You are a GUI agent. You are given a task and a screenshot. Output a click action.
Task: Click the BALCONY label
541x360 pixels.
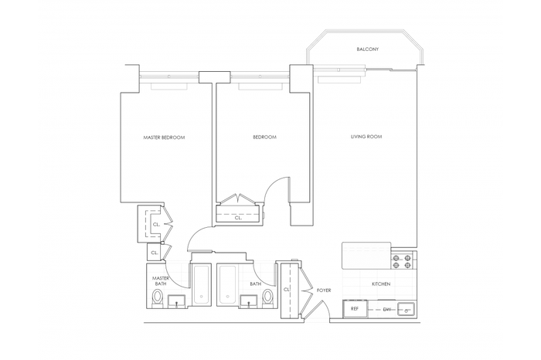(x=367, y=49)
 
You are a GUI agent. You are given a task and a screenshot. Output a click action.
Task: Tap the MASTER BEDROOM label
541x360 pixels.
(x=164, y=138)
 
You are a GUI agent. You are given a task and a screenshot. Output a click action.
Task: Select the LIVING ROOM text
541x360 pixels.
(x=366, y=137)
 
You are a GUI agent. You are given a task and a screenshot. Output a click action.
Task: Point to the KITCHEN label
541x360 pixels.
(x=381, y=284)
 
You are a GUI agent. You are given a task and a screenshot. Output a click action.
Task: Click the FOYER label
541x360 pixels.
(x=324, y=290)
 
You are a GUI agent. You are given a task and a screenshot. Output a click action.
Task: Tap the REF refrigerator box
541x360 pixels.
(x=355, y=308)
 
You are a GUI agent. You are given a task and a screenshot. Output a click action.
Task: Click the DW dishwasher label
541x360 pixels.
(x=387, y=309)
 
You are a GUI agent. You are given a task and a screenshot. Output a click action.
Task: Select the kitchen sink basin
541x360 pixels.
(x=407, y=309)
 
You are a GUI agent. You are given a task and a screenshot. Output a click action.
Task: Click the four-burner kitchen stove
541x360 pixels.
(x=402, y=261)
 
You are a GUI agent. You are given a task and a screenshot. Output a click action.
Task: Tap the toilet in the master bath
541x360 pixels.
(x=158, y=298)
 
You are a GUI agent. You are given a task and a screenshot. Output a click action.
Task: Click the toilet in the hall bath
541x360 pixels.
(x=267, y=298)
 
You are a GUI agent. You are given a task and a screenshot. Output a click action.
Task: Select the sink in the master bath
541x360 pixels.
(x=177, y=301)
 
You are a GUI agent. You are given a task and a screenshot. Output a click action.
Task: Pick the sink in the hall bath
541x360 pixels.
(x=250, y=301)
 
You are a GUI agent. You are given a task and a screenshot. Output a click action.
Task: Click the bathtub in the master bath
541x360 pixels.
(x=201, y=284)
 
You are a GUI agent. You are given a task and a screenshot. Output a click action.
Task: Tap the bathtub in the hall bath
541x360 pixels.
(x=227, y=284)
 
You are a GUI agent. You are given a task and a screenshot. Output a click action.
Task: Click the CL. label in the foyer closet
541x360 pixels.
(x=287, y=290)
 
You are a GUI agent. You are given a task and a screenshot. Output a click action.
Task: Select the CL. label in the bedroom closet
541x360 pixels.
(x=238, y=218)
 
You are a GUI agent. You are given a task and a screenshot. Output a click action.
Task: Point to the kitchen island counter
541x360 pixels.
(x=366, y=256)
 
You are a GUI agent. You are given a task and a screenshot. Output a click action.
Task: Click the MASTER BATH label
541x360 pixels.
(x=161, y=281)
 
